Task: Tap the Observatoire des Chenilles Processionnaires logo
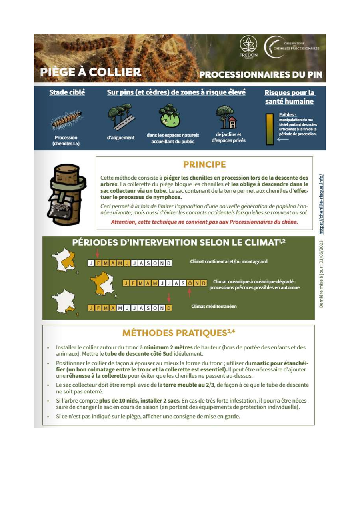click(x=292, y=47)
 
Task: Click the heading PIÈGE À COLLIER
click(x=90, y=72)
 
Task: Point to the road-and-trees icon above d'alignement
click(x=121, y=117)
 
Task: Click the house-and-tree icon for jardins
click(x=226, y=117)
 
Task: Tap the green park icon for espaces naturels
click(x=170, y=116)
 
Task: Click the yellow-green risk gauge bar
click(x=270, y=129)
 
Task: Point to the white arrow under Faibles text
click(x=283, y=139)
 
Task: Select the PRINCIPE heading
click(x=204, y=164)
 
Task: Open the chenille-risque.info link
click(x=321, y=204)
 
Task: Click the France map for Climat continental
click(x=64, y=260)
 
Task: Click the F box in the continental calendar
click(x=98, y=263)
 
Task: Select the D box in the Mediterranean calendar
click(x=169, y=308)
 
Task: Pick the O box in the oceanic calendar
click(x=190, y=283)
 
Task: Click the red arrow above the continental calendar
click(x=97, y=253)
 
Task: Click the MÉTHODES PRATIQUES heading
click(x=178, y=333)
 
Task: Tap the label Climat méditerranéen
click(x=214, y=306)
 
